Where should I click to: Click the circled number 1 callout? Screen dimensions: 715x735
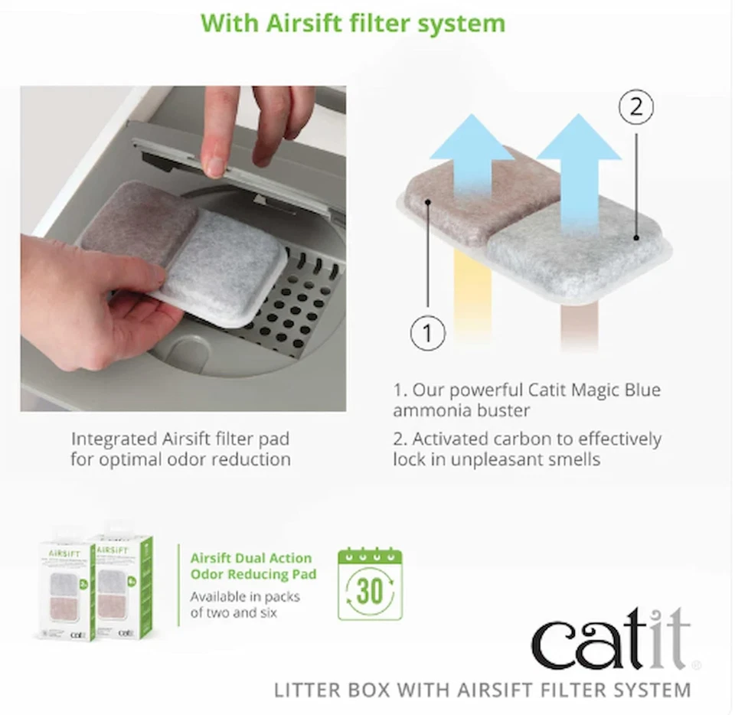pyautogui.click(x=427, y=333)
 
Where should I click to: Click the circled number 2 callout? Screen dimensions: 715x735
pyautogui.click(x=635, y=108)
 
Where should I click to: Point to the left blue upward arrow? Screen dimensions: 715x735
pyautogui.click(x=471, y=168)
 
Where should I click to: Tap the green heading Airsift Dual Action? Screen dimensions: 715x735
pyautogui.click(x=250, y=558)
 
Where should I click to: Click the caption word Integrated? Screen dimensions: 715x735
pyautogui.click(x=116, y=439)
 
